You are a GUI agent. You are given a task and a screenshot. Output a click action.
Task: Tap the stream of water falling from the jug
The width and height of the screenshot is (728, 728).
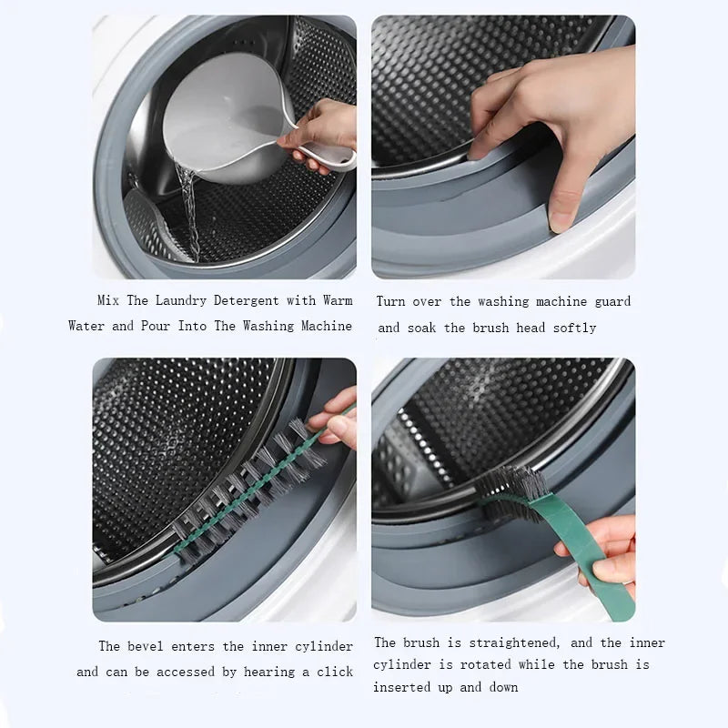[189, 209]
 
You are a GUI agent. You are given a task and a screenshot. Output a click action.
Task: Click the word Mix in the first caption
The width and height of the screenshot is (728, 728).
[109, 300]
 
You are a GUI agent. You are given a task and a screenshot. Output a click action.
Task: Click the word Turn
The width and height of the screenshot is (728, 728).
[391, 301]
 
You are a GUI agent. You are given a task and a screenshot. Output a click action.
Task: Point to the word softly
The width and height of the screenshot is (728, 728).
[574, 328]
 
